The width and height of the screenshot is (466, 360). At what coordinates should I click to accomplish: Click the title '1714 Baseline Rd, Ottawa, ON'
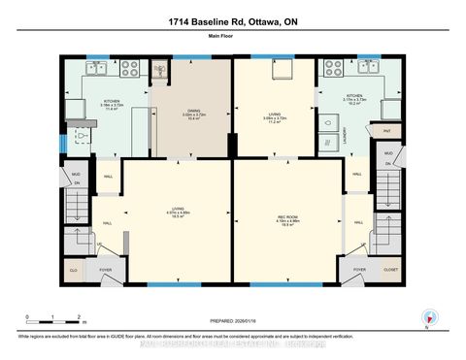pos(232,22)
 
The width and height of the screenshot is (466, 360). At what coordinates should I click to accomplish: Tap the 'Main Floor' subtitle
pos(232,38)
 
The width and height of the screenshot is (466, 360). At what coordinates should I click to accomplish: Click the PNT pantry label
pos(386,130)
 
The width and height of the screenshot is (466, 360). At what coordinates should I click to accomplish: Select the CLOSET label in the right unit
pos(392,271)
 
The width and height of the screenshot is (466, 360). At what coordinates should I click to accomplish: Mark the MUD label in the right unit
pos(387,153)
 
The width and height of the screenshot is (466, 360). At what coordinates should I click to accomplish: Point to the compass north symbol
pos(427,317)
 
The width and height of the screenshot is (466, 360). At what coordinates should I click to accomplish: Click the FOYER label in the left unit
pos(106,271)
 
